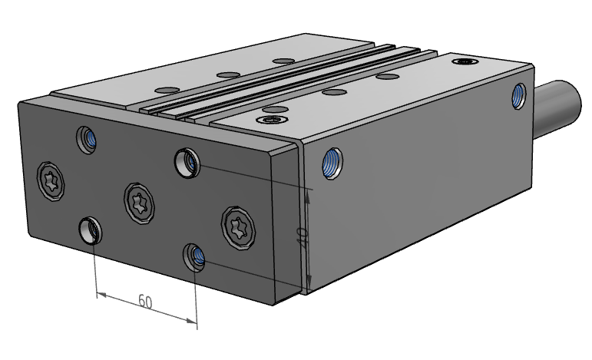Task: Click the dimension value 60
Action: coord(144,301)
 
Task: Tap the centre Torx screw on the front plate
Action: coord(139,203)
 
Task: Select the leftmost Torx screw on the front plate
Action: coord(51,180)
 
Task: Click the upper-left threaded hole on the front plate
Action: coord(88,139)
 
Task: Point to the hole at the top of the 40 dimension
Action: coord(187,161)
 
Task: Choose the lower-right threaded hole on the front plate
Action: coord(195,256)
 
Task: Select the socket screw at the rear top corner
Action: coord(465,61)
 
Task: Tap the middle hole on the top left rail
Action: coord(227,74)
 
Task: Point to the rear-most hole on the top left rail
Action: coord(284,60)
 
